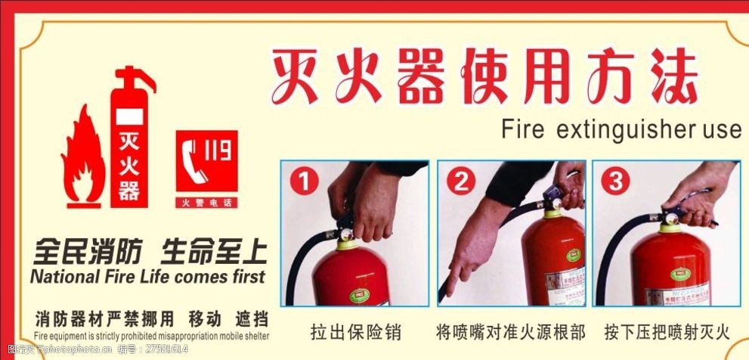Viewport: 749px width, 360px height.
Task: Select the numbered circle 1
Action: pyautogui.click(x=302, y=182)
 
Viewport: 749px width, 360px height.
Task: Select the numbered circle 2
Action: pyautogui.click(x=460, y=182)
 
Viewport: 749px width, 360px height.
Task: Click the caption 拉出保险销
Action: pyautogui.click(x=355, y=331)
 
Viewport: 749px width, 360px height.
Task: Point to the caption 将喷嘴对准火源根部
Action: pyautogui.click(x=511, y=331)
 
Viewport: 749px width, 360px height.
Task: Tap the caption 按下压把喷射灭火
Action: pyautogui.click(x=667, y=331)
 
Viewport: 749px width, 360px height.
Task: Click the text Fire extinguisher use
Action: pyautogui.click(x=621, y=129)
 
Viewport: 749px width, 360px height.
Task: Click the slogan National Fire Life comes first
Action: pyautogui.click(x=147, y=276)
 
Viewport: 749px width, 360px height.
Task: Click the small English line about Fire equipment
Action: pyautogui.click(x=151, y=335)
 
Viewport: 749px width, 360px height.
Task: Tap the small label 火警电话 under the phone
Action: pyautogui.click(x=206, y=203)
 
